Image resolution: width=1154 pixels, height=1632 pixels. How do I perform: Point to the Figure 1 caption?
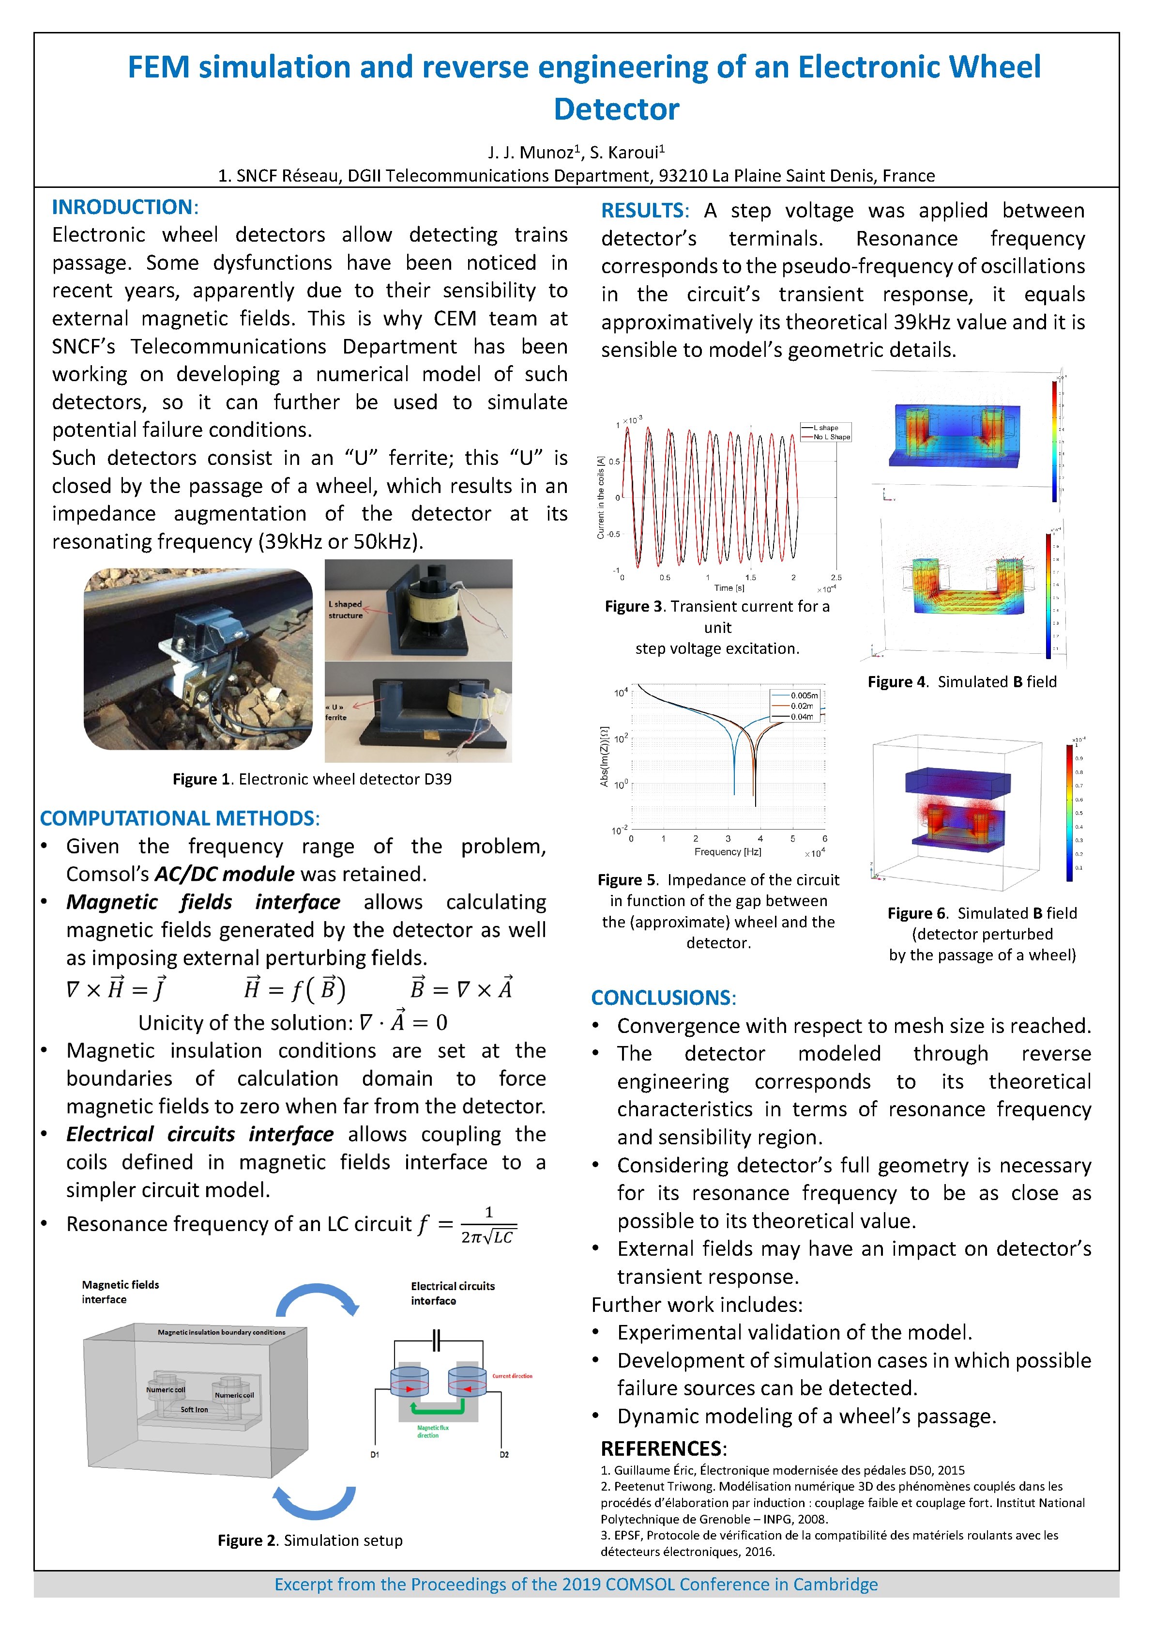[312, 779]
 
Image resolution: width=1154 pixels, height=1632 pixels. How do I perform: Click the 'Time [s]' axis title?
[729, 588]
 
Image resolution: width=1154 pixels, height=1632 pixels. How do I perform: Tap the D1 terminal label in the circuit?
[375, 1454]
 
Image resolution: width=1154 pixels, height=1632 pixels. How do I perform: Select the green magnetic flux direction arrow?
[437, 1408]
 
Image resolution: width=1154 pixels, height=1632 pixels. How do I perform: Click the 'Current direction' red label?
[512, 1376]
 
